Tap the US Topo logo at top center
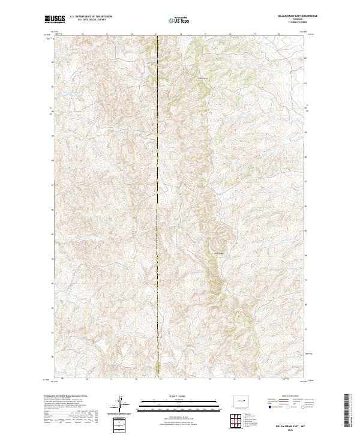[179, 20]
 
